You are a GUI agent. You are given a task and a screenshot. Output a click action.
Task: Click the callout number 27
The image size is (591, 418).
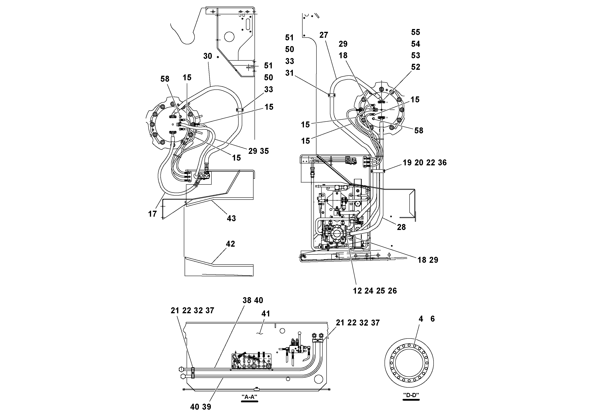324,35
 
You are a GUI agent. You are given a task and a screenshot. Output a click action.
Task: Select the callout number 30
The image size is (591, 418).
207,56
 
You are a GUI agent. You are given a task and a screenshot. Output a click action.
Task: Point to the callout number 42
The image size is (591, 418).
230,244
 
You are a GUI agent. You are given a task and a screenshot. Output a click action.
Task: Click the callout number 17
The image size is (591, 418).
152,214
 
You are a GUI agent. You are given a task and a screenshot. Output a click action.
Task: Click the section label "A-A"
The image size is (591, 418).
249,397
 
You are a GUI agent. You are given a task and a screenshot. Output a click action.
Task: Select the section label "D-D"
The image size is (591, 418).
411,395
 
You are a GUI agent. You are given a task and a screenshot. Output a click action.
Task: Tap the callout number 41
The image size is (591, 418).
266,314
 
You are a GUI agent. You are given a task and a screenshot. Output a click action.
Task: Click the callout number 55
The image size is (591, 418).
416,32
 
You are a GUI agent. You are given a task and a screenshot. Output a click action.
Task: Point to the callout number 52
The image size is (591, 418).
416,67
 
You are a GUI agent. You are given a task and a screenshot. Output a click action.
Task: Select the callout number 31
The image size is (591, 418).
289,73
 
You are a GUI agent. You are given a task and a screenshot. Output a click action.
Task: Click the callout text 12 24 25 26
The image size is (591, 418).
375,291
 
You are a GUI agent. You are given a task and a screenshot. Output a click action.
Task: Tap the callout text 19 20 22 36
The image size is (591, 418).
424,163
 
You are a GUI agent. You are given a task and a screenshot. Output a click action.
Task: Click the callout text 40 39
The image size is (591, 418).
201,407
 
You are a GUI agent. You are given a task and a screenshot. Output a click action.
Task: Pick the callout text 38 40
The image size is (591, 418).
253,300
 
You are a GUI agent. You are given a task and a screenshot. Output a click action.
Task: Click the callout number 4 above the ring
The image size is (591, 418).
421,319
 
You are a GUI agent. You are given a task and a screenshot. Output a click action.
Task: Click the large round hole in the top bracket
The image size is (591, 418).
229,37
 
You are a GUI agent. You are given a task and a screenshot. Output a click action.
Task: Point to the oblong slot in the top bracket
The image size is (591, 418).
248,25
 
